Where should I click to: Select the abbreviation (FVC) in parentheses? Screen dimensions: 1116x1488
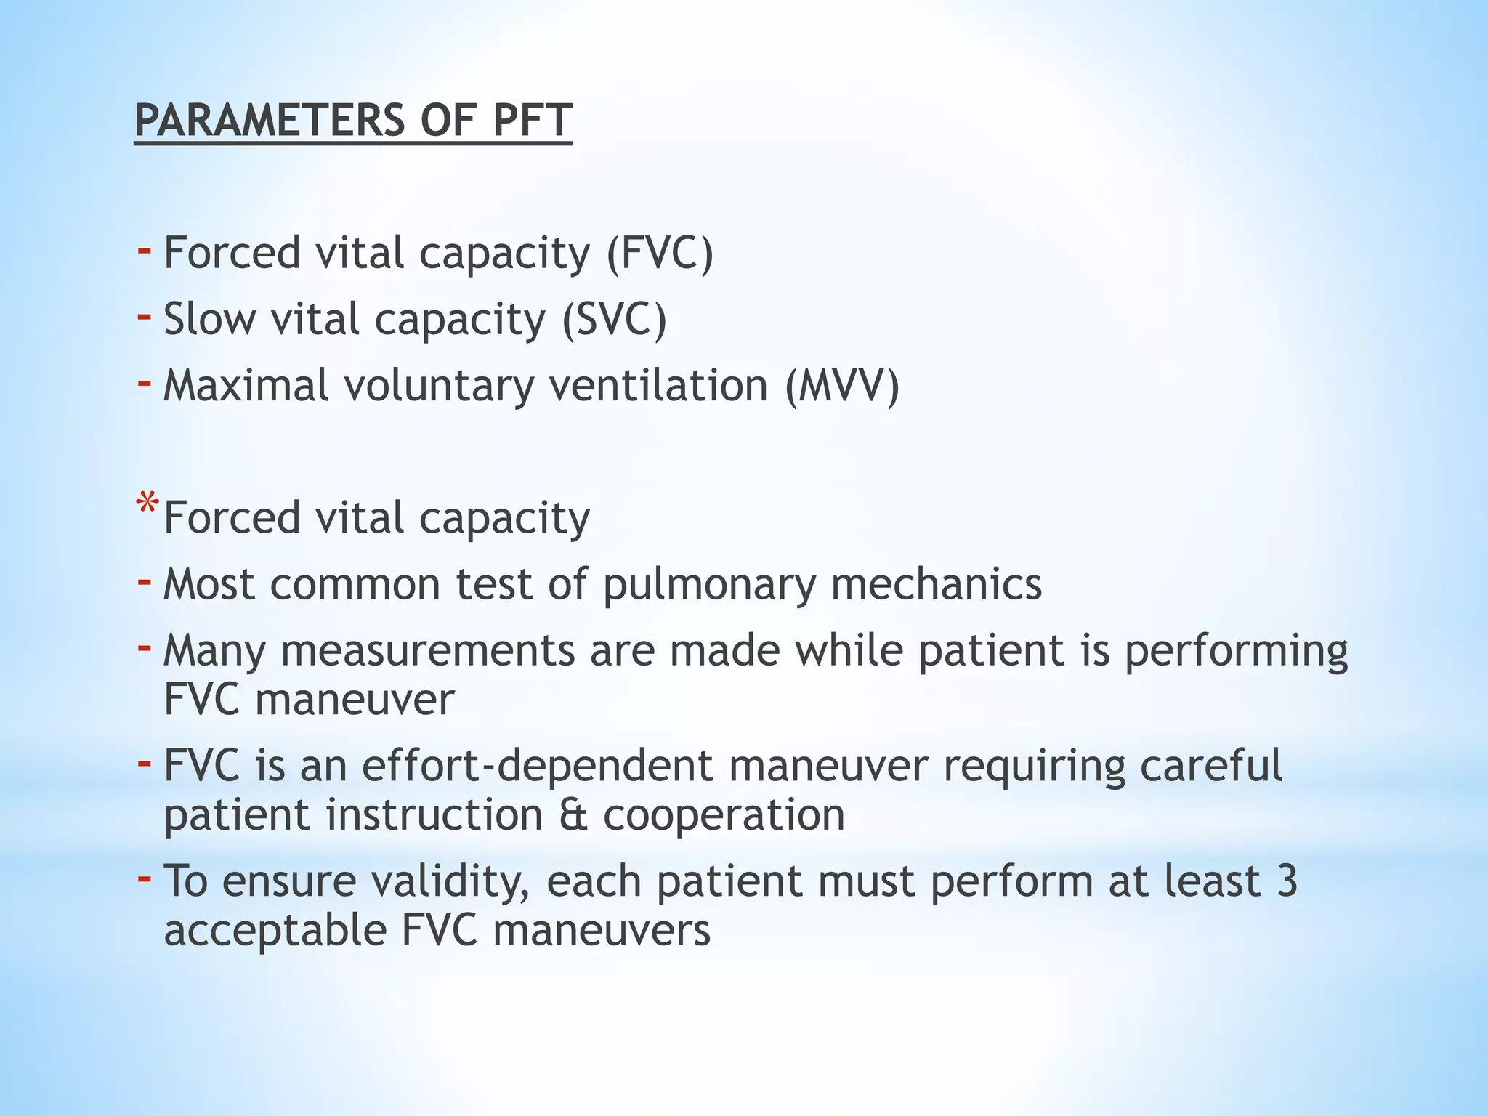point(660,254)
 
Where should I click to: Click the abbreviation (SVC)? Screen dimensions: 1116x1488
point(614,320)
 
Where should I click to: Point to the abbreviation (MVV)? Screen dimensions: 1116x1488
point(841,385)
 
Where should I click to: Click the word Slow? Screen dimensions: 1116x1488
point(210,320)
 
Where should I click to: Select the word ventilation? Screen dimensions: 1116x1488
point(658,385)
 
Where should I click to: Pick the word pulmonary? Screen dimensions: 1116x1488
point(709,585)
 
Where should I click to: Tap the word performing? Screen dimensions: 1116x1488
point(1236,651)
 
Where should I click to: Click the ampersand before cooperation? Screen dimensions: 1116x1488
point(573,815)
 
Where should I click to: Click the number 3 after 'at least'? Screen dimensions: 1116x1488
point(1286,881)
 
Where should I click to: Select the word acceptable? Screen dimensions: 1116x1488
point(275,931)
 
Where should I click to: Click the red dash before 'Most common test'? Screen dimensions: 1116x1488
point(145,581)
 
